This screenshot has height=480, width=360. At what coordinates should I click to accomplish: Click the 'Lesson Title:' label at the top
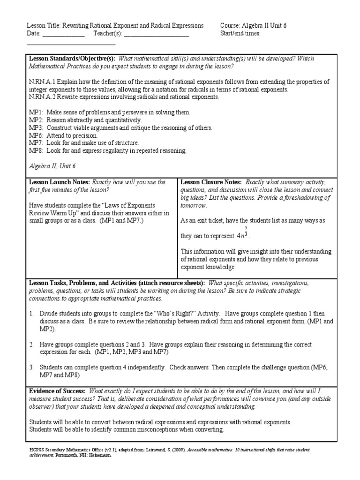click(x=44, y=25)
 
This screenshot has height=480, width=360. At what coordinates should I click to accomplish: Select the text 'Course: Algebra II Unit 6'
click(x=253, y=25)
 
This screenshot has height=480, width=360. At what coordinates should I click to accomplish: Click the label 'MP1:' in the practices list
click(x=36, y=112)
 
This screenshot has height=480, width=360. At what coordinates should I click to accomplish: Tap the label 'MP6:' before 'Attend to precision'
click(x=36, y=135)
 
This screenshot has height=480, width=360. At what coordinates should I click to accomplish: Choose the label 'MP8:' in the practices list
click(x=36, y=150)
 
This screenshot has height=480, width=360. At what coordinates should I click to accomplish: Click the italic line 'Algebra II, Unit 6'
click(x=52, y=166)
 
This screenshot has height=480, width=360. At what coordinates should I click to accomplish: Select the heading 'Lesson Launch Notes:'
click(x=60, y=182)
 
